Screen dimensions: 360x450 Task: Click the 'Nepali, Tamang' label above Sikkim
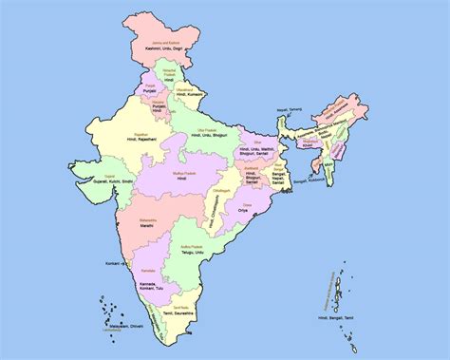pyautogui.click(x=289, y=110)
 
